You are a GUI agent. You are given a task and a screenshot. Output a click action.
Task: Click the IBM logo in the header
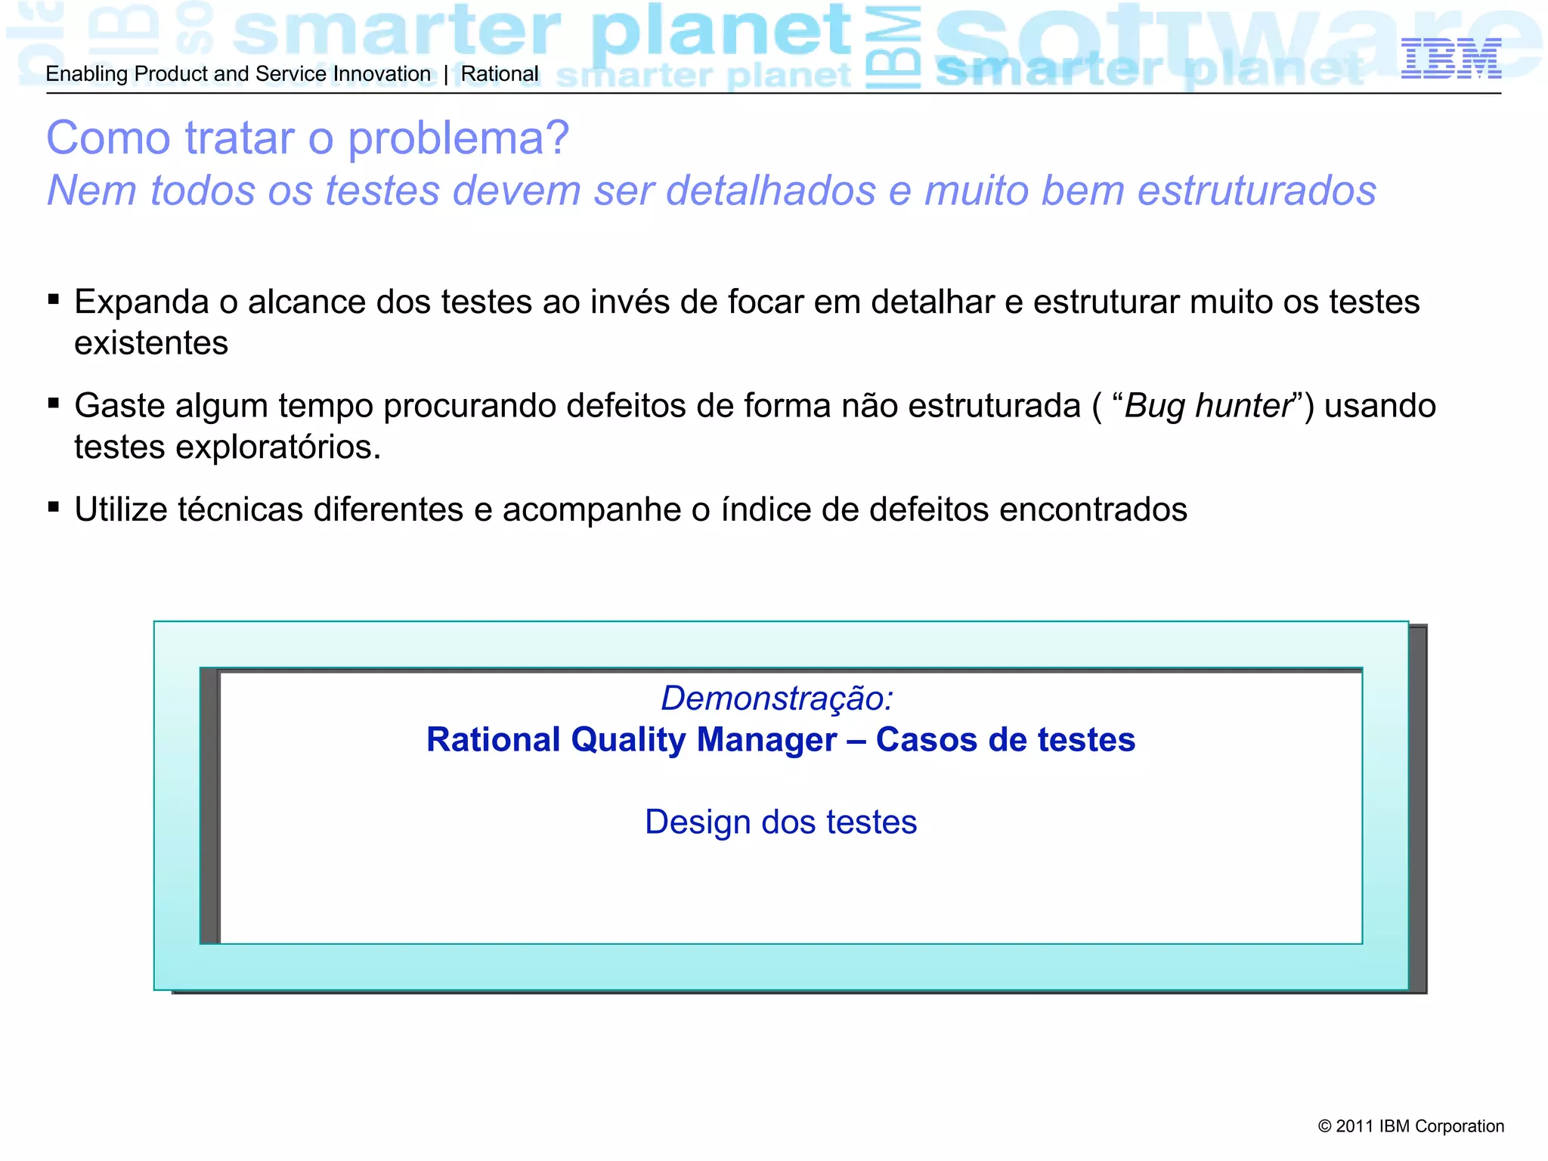click(1450, 58)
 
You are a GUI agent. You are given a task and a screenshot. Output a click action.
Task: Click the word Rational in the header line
click(500, 74)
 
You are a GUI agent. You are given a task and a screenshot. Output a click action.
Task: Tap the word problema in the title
click(458, 139)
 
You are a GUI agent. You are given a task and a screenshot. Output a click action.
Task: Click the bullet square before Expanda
click(54, 299)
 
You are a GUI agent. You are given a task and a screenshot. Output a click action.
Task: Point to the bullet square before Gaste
click(54, 403)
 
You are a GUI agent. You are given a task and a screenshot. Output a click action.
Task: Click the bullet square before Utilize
click(54, 506)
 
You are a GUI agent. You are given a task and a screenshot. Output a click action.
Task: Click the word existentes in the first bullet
click(151, 344)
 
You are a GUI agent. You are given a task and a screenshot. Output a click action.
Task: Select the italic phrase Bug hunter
click(1208, 406)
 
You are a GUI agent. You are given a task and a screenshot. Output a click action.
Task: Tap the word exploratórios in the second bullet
click(278, 447)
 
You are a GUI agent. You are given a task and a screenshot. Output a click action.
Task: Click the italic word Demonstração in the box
click(776, 698)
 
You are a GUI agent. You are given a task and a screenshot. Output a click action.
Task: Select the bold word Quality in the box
click(628, 740)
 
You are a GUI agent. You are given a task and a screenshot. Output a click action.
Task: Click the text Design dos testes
click(781, 822)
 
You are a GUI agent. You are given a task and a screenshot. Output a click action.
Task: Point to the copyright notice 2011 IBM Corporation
click(1410, 1126)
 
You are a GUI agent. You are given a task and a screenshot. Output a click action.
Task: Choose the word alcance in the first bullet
click(307, 302)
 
